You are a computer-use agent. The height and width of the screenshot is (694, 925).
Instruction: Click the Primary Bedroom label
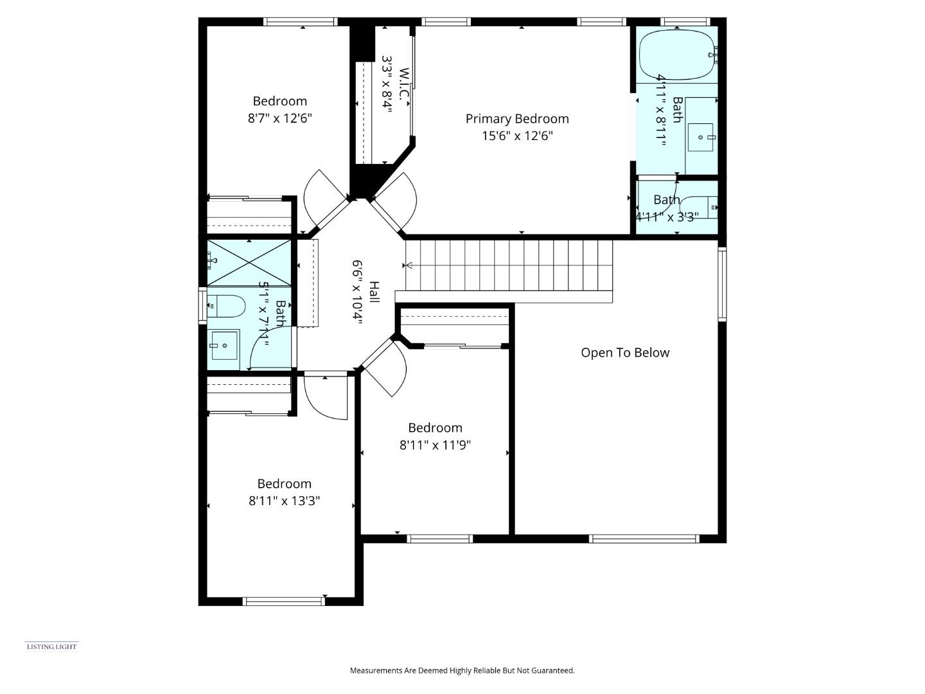pyautogui.click(x=516, y=119)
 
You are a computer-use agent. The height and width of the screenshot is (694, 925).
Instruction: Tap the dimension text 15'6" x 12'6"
pyautogui.click(x=516, y=136)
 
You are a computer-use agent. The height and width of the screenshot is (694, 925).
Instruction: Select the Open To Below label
pyautogui.click(x=624, y=353)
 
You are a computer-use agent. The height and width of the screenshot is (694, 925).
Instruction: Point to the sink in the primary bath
pyautogui.click(x=701, y=137)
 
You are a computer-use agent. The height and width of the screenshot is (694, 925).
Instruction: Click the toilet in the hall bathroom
pyautogui.click(x=227, y=306)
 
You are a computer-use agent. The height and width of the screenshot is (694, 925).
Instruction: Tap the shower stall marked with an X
pyautogui.click(x=249, y=262)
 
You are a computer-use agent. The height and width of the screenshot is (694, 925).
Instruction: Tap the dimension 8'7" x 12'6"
pyautogui.click(x=279, y=119)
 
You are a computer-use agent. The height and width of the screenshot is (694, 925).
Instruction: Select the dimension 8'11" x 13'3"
pyautogui.click(x=284, y=501)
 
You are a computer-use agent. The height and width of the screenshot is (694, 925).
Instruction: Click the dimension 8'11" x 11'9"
pyautogui.click(x=435, y=445)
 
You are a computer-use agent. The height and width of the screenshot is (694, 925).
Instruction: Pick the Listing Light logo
pyautogui.click(x=51, y=646)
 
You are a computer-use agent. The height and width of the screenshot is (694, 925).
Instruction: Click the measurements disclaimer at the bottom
pyautogui.click(x=462, y=670)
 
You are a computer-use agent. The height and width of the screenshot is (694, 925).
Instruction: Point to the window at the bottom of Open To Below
pyautogui.click(x=644, y=538)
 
